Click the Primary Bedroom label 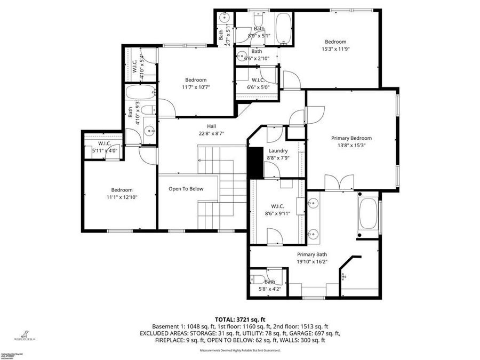point(351,138)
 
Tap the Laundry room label point(278,151)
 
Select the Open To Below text point(186,189)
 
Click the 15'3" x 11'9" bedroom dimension point(335,49)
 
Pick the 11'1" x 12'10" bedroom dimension point(122,197)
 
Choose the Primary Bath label point(311,254)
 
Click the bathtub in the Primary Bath point(368,213)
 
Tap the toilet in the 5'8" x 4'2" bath point(257,280)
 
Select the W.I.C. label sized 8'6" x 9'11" point(277,206)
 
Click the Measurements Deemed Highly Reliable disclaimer point(240,350)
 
